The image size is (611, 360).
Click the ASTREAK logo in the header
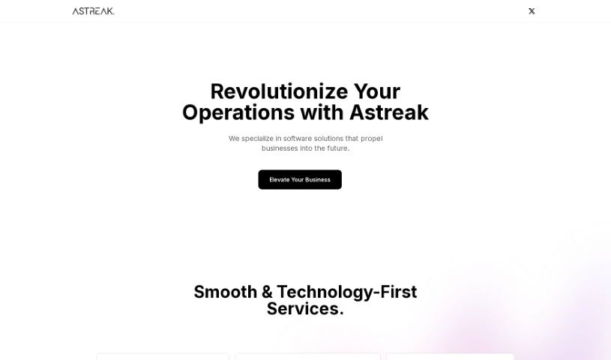pyautogui.click(x=93, y=11)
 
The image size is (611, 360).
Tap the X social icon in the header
pyautogui.click(x=532, y=11)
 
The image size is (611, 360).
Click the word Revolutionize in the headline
pyautogui.click(x=279, y=91)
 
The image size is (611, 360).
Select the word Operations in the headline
pyautogui.click(x=238, y=113)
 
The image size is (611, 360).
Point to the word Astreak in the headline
pyautogui.click(x=389, y=112)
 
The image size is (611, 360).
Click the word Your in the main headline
pyautogui.click(x=377, y=91)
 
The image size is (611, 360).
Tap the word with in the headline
pyautogui.click(x=322, y=112)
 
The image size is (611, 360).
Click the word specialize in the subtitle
pyautogui.click(x=257, y=139)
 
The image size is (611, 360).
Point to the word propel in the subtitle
pyautogui.click(x=371, y=139)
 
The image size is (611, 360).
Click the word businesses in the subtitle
pyautogui.click(x=280, y=148)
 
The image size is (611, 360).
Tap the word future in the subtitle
pyautogui.click(x=337, y=148)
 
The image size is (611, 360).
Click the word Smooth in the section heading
pyautogui.click(x=225, y=292)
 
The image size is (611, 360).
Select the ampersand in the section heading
pyautogui.click(x=267, y=292)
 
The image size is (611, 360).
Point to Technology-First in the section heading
pyautogui.click(x=347, y=292)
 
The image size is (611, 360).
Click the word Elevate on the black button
pyautogui.click(x=280, y=180)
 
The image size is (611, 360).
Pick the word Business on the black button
pyautogui.click(x=318, y=180)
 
